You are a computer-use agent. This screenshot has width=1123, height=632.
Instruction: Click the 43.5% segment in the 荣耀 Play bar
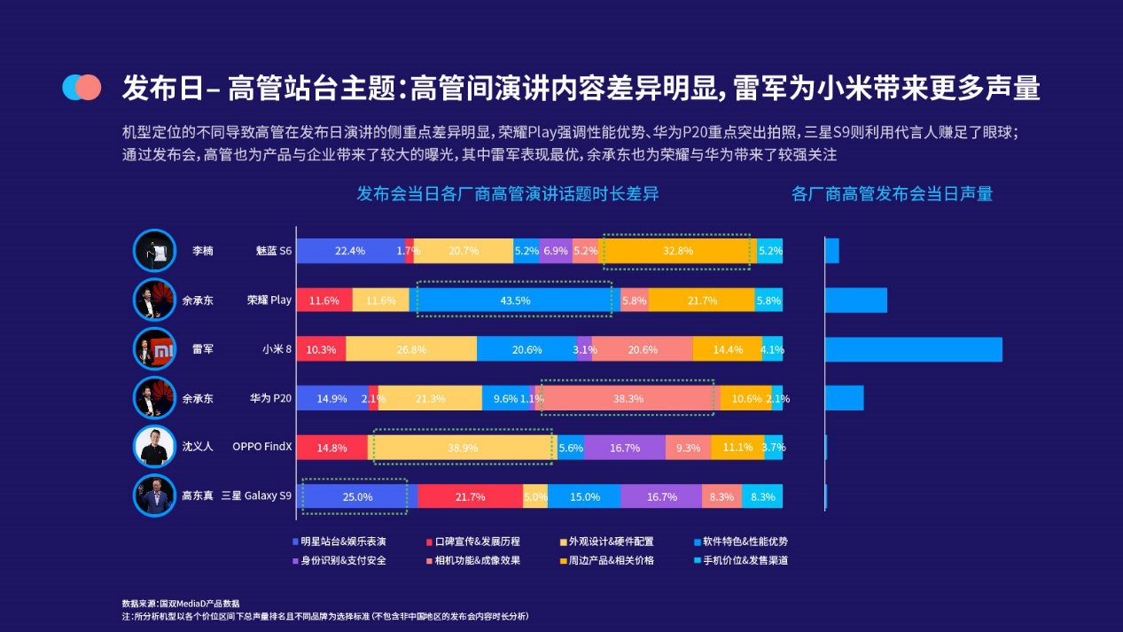pos(514,300)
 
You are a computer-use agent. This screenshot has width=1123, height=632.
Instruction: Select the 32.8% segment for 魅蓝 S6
pos(677,251)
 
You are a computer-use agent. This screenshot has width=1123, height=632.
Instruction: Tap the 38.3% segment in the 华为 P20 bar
pos(628,399)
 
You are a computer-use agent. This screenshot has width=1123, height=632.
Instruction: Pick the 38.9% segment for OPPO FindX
pos(463,447)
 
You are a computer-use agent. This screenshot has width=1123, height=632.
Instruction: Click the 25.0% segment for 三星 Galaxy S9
pos(357,496)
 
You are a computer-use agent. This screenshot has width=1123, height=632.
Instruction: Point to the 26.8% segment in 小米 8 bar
pos(411,349)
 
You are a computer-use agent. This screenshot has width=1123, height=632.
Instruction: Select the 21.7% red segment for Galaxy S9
pos(471,496)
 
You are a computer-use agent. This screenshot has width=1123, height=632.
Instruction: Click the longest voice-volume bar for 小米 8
pos(914,349)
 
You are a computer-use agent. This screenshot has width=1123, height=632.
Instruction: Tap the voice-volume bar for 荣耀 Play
pos(856,300)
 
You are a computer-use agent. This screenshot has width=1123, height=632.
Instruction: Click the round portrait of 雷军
pos(154,349)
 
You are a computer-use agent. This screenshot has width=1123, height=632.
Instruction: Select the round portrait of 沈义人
pos(154,447)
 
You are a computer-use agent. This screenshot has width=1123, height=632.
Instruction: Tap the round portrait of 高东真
pos(154,495)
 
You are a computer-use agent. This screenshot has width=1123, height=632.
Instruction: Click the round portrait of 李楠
pos(154,251)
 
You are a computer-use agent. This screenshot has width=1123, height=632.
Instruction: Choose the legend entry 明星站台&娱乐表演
pos(339,542)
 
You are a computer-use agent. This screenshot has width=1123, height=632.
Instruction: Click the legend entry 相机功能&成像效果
pos(473,560)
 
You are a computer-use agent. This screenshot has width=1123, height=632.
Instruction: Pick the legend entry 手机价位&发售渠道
pos(741,560)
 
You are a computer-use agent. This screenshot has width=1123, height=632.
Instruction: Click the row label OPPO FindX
pos(261,446)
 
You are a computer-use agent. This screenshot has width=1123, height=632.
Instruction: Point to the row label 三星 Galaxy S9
pos(256,495)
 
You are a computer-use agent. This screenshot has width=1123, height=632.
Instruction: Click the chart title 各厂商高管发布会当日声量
pos(892,194)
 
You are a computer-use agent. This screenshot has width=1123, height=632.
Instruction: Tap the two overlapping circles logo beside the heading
pos(82,87)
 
